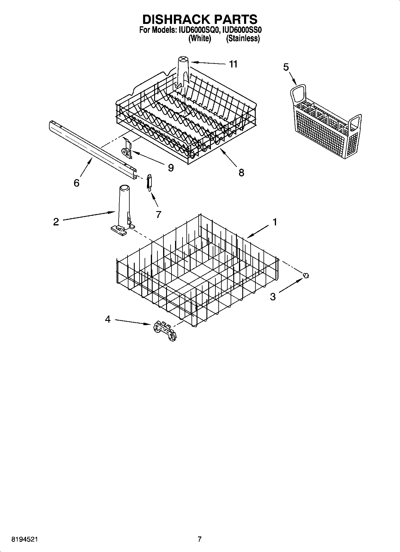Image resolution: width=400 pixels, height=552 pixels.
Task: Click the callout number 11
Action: tap(233, 64)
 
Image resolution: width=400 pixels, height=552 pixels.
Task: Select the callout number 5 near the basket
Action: tap(286, 67)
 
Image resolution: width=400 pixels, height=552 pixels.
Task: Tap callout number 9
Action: tap(170, 168)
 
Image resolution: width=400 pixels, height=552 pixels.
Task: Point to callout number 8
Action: tap(241, 172)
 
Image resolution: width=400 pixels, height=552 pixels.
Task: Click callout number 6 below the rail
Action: tap(76, 183)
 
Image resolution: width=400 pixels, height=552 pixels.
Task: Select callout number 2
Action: tap(56, 222)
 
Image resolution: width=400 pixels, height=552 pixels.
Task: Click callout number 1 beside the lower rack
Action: tap(275, 222)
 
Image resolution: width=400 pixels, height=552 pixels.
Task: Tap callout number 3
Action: tap(273, 296)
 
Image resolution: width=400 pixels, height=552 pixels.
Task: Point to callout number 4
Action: tap(108, 319)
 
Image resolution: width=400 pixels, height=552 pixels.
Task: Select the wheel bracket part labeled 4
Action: tap(165, 331)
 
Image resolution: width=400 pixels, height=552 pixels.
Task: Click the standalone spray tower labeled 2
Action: tap(123, 209)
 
